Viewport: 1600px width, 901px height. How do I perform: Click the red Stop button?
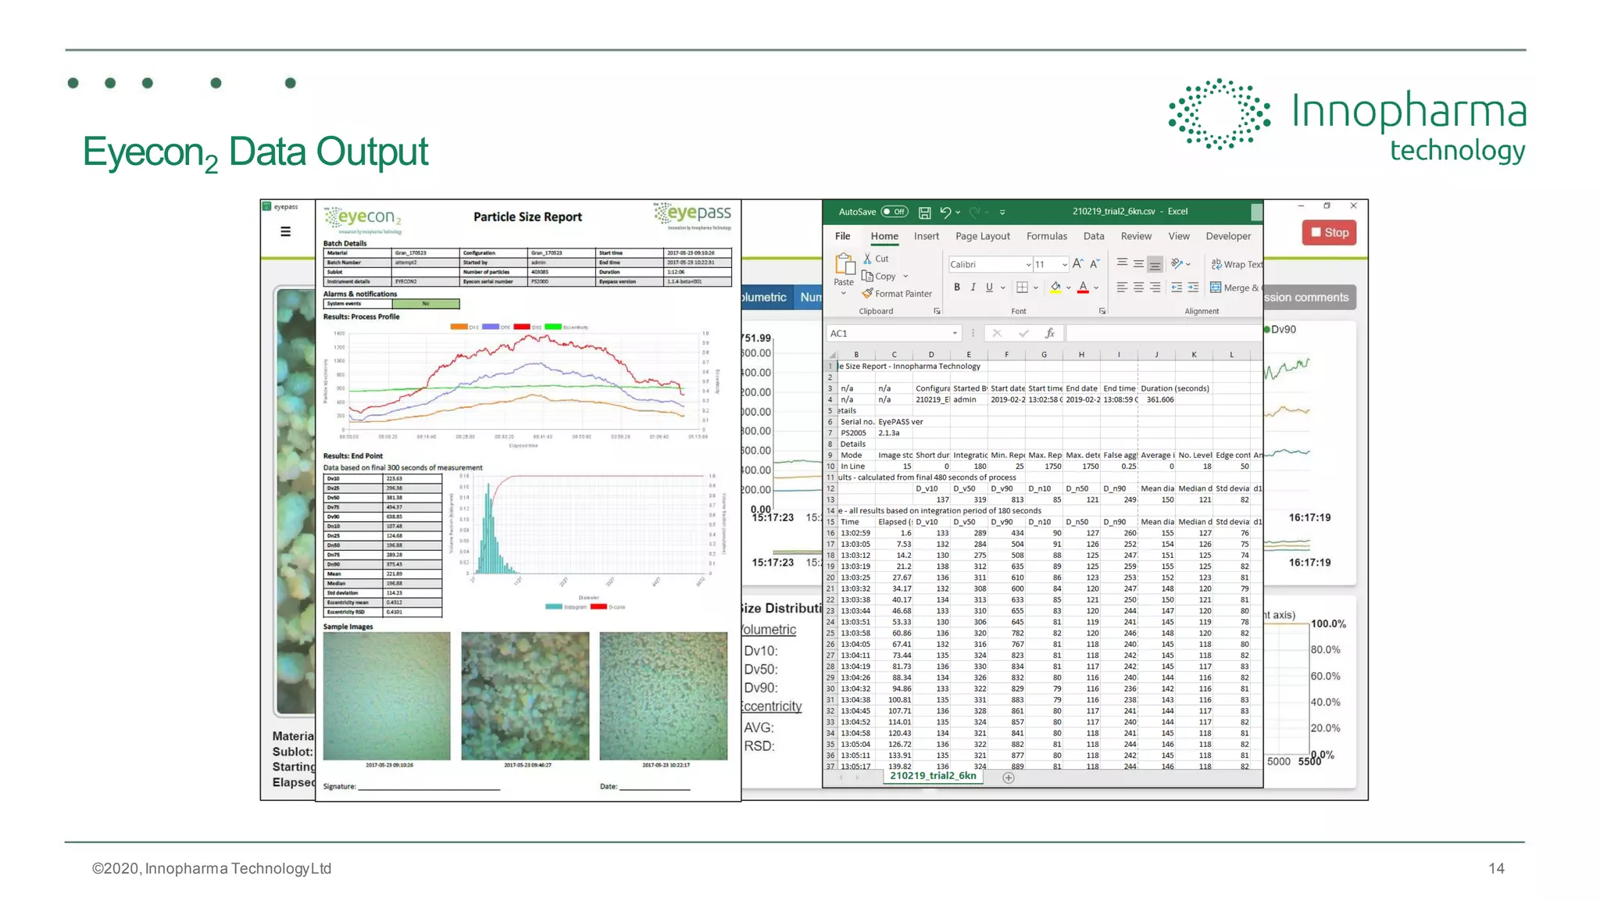click(1329, 233)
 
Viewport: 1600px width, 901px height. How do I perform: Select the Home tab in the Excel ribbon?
click(884, 236)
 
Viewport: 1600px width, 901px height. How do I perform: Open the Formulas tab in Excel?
click(1046, 236)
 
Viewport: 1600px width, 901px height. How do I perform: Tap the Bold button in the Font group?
click(957, 288)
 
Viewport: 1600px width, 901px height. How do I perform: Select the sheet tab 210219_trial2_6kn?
click(933, 776)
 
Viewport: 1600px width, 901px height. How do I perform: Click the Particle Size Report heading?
click(527, 217)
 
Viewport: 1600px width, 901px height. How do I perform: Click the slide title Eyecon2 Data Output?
click(255, 152)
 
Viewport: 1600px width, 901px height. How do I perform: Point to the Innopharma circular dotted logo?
click(1219, 114)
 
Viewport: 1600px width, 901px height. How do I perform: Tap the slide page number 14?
click(1496, 868)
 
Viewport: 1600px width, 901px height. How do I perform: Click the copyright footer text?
click(212, 868)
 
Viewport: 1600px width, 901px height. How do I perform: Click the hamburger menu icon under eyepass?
click(286, 231)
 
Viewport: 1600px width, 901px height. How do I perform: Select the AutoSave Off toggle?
click(894, 212)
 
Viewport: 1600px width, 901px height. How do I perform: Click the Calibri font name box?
click(988, 265)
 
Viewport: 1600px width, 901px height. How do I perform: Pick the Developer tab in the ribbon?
click(1227, 236)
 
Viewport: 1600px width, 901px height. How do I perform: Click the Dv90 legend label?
click(1283, 330)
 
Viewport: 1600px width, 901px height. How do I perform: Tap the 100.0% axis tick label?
click(1328, 624)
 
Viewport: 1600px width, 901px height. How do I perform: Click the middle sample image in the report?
click(525, 695)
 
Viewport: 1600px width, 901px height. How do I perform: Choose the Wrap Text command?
click(1237, 265)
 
